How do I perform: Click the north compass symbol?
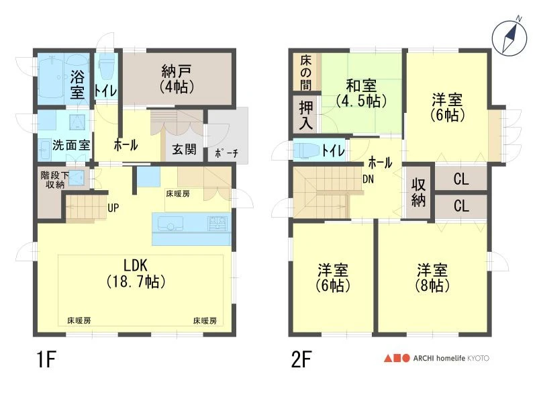coord(509,37)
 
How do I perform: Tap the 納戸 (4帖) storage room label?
coord(177,79)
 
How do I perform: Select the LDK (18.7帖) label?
coord(136,273)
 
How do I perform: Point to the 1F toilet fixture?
coord(106,68)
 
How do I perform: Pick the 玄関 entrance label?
coord(184,149)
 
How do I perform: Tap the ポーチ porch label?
coord(226,153)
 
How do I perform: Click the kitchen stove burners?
coord(217,223)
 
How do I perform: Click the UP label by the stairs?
coord(113,208)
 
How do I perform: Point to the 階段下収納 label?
coord(55,180)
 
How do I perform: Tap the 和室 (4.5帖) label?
coord(361,93)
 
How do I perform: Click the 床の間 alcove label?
coord(306,73)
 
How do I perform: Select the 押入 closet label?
coord(306,116)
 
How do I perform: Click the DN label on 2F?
coord(368,179)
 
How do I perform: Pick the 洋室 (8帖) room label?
coord(432,277)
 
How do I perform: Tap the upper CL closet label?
coord(461,179)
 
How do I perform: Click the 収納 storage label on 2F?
coord(418,192)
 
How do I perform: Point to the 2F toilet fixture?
coord(306,150)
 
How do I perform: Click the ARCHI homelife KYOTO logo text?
coord(451,358)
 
